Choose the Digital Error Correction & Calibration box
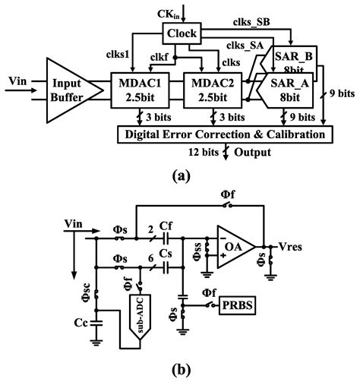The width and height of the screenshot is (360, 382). coord(223,134)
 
